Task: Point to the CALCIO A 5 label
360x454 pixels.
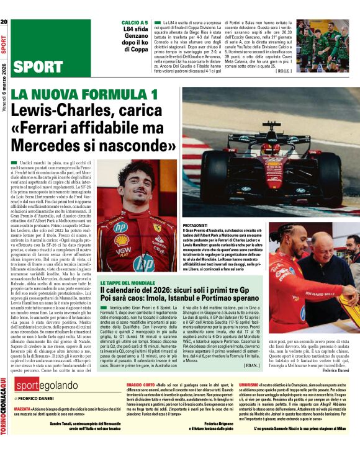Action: click(x=135, y=22)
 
